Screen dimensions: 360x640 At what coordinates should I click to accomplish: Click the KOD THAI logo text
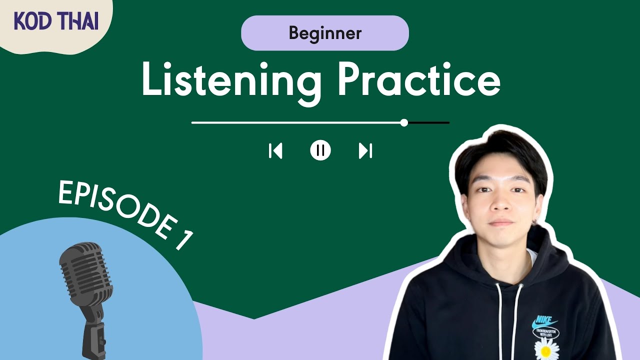[x=55, y=21]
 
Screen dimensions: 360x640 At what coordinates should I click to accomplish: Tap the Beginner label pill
[x=325, y=33]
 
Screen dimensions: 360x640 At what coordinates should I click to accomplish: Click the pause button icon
[x=320, y=150]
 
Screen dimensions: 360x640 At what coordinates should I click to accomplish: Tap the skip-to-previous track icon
[x=275, y=150]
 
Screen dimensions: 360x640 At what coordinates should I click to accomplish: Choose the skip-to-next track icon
[x=365, y=150]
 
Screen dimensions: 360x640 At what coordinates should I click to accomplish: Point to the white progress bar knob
[x=404, y=122]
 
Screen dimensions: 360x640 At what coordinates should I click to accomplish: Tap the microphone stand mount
[x=95, y=335]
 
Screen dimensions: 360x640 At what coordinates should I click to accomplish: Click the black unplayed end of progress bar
[x=428, y=122]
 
